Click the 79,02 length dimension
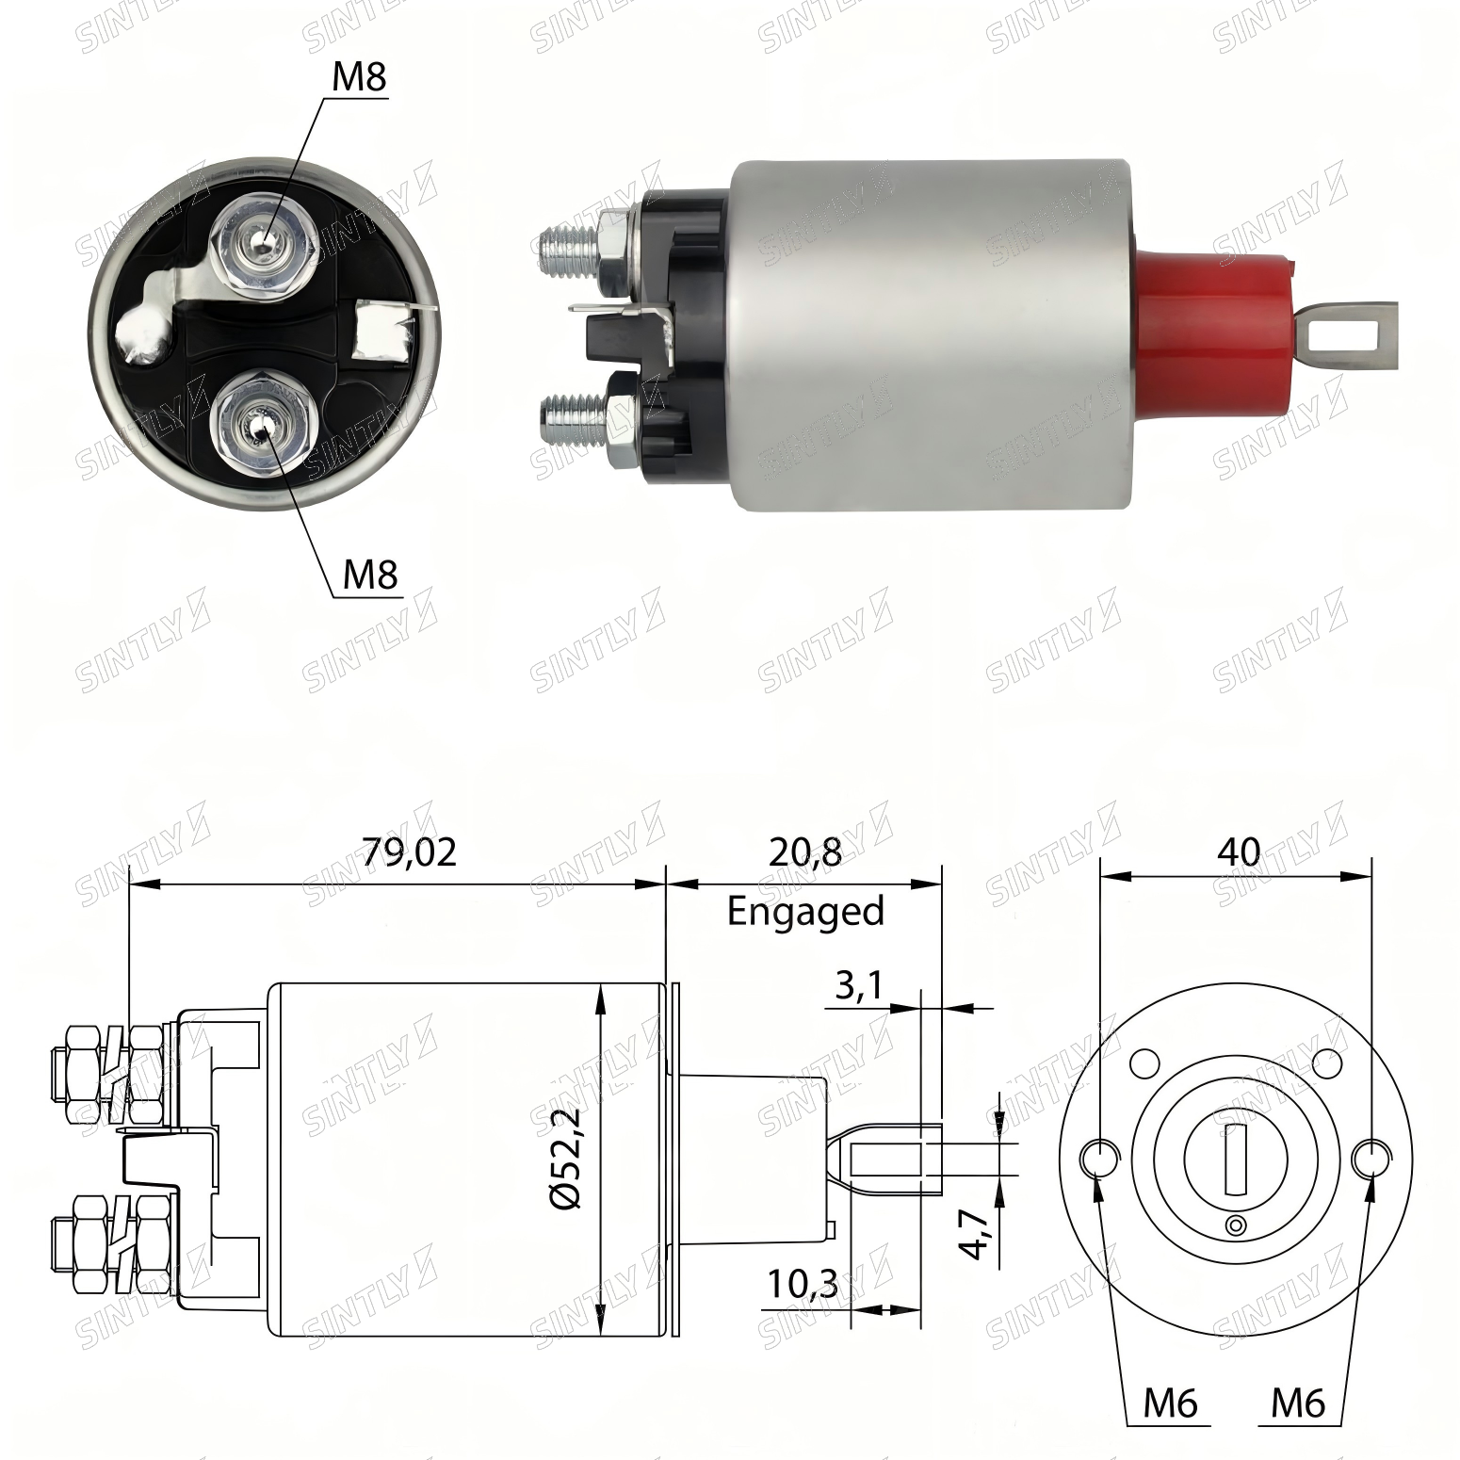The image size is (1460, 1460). [x=409, y=852]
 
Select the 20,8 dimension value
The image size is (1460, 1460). [x=804, y=852]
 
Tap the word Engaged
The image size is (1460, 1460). [x=805, y=912]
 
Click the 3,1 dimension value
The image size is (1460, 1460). [x=857, y=985]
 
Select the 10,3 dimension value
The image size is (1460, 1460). [x=802, y=1284]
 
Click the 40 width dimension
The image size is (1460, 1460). [x=1238, y=852]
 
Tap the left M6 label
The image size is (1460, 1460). [x=1170, y=1403]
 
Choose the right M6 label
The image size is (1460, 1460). [x=1297, y=1403]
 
